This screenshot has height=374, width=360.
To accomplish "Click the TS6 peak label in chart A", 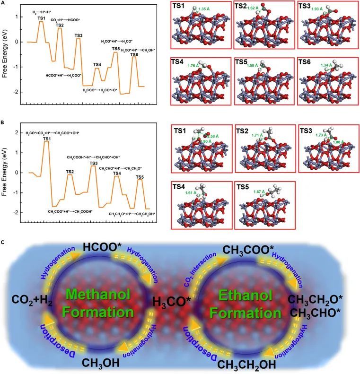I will [135, 54].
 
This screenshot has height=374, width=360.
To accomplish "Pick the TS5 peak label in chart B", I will [140, 177].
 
